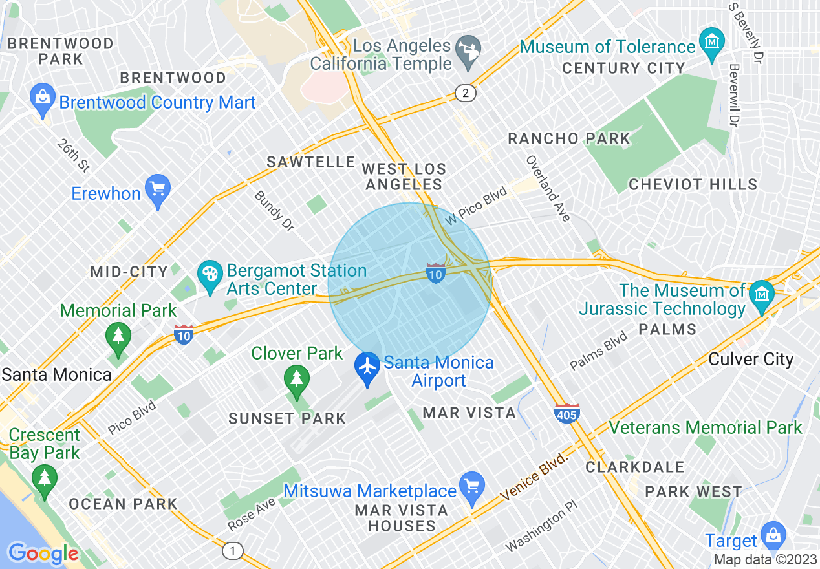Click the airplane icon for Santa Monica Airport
pos(367,366)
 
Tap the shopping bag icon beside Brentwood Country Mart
pos(42,99)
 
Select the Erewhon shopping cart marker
pos(157,190)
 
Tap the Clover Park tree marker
pos(296,380)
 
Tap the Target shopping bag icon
pos(773,536)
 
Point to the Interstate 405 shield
pos(566,413)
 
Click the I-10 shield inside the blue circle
pos(436,274)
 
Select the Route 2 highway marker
pos(465,93)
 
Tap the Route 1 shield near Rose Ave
pos(232,551)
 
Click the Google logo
pos(43,553)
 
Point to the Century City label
pos(623,68)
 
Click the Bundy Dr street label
pos(274,211)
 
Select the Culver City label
pos(751,360)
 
